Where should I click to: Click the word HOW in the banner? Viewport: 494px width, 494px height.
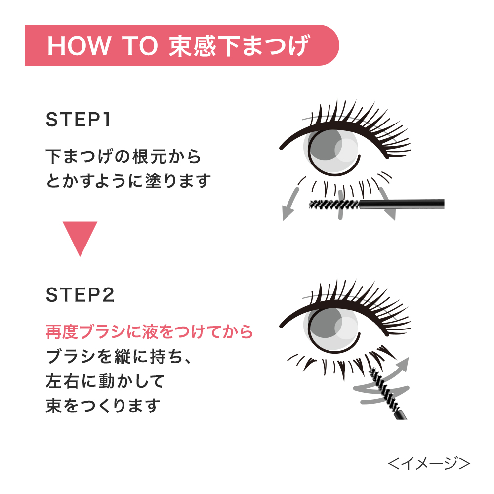tap(79, 45)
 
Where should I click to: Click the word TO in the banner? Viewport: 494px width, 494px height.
tap(140, 45)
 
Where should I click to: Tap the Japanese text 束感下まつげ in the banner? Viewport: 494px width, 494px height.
tap(240, 45)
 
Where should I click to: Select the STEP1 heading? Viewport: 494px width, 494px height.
tap(78, 120)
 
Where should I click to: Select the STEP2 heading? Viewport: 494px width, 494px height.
tap(80, 295)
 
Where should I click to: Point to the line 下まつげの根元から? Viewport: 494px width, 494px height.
tap(123, 156)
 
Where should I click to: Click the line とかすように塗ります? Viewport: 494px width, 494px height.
tap(128, 181)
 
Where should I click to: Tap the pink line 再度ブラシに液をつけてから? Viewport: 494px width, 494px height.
tap(149, 332)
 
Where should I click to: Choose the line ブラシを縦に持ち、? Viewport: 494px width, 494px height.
tap(119, 357)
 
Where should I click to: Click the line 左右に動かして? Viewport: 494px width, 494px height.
tap(105, 381)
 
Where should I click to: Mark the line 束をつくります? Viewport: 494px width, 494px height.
tap(103, 406)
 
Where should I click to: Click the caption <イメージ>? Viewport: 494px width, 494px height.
tap(429, 464)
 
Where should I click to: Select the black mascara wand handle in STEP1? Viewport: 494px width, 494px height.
tap(402, 204)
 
